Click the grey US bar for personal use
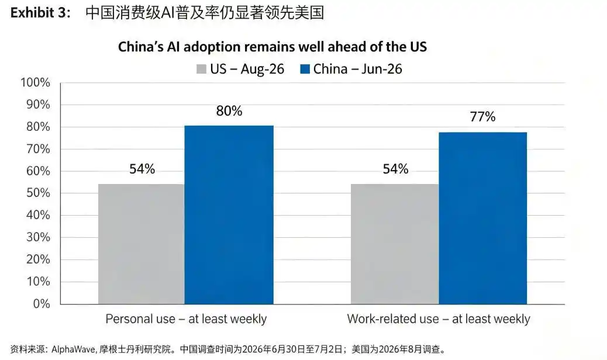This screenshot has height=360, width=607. [142, 244]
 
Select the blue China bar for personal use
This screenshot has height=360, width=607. [229, 214]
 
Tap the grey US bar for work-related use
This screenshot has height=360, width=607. [395, 244]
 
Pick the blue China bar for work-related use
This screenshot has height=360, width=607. [483, 218]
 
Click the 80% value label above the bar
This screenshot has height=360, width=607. [229, 111]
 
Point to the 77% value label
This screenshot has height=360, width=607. [483, 116]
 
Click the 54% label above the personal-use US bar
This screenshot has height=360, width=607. [142, 169]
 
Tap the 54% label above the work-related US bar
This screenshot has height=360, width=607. [396, 169]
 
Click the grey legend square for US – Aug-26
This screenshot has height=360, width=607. [201, 69]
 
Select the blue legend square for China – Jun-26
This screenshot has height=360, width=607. [305, 69]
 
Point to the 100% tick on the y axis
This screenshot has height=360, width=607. [35, 82]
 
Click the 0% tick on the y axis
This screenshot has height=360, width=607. [42, 303]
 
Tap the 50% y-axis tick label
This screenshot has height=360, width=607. [39, 193]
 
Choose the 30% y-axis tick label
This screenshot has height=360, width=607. [39, 237]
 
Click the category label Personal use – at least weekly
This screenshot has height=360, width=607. [186, 319]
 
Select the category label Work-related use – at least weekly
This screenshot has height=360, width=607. [439, 319]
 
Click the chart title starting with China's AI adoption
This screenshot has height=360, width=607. [272, 47]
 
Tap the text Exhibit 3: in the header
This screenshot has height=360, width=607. [40, 13]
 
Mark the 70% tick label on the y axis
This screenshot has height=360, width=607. [39, 149]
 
